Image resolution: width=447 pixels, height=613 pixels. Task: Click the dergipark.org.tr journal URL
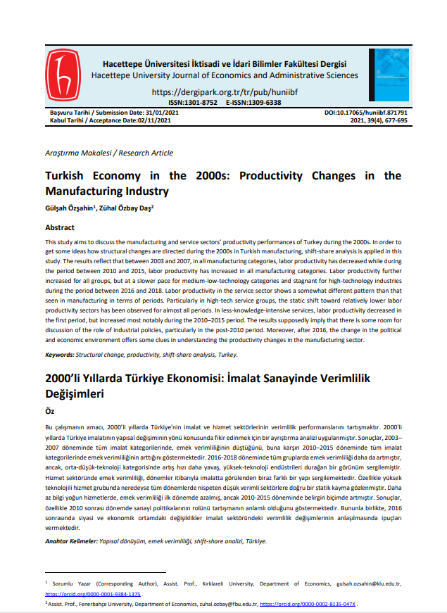click(225, 91)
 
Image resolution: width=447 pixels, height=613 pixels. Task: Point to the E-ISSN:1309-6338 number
click(253, 103)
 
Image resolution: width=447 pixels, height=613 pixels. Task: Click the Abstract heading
click(60, 228)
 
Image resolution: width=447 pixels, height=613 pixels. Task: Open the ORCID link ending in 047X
click(308, 604)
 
